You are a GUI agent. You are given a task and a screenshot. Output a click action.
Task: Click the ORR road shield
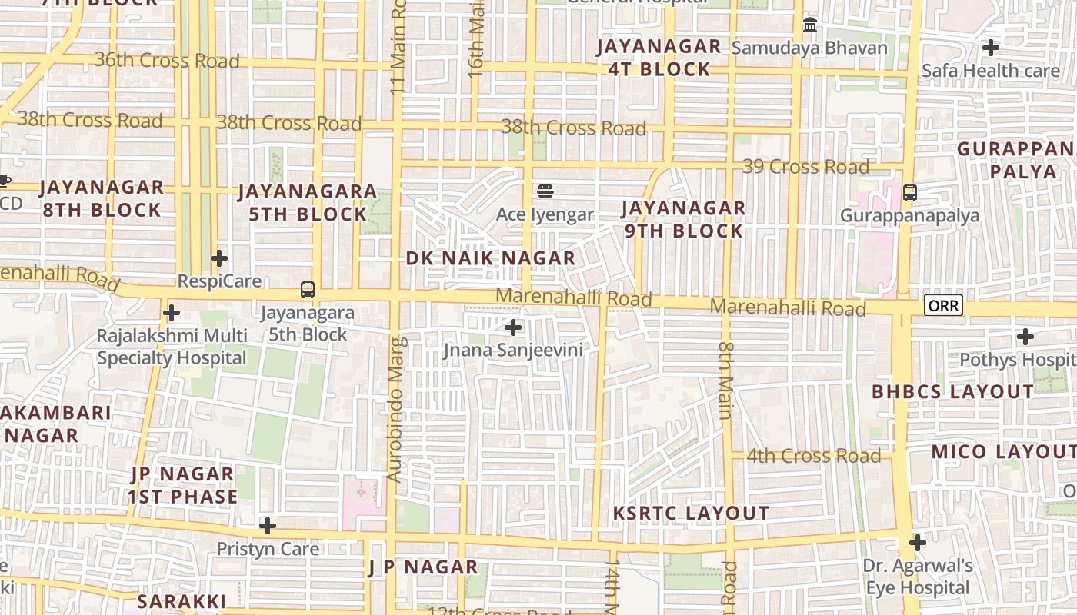[943, 306]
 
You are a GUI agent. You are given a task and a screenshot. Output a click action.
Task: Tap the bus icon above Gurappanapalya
[909, 192]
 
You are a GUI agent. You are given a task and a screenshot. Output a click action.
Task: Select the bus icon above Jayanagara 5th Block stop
[308, 290]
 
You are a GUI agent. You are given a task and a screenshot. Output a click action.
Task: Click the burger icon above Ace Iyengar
[545, 190]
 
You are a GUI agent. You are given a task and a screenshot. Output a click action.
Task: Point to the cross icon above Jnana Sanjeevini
[513, 327]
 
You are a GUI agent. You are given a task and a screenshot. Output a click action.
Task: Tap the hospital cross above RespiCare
[219, 258]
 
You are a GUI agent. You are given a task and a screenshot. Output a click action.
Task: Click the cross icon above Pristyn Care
[268, 526]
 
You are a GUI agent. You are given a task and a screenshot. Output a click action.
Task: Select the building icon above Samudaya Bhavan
[809, 25]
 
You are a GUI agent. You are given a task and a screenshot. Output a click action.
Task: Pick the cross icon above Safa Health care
[991, 48]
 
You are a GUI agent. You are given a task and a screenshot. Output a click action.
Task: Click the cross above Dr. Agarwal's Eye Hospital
[917, 543]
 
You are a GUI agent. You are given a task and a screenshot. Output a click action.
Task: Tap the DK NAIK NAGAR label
[491, 258]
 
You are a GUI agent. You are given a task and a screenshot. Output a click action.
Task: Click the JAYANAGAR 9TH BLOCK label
[683, 219]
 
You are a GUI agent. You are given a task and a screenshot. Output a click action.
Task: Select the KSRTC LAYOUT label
[691, 513]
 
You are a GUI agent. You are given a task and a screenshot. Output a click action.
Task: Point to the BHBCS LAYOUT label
[952, 391]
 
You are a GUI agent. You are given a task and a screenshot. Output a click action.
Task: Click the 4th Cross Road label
[813, 456]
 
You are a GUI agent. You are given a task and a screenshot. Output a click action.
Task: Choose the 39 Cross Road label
[806, 167]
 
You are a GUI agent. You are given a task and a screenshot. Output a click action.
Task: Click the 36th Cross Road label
[167, 60]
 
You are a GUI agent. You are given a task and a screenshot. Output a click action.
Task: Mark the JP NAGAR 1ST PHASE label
[183, 485]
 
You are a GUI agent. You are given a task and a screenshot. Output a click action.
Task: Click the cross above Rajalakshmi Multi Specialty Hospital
[172, 313]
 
